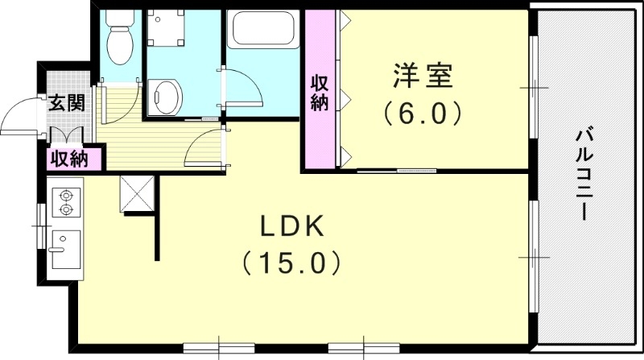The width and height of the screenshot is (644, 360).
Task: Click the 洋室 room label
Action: coord(423,78)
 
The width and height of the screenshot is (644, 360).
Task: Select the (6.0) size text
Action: coord(423,113)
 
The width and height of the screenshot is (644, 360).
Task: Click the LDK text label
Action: coord(292,228)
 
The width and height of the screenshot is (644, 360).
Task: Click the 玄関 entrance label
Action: coord(64,102)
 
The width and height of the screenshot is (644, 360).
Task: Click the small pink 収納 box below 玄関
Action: coord(70,159)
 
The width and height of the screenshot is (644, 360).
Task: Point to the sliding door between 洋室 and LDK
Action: coord(398,171)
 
